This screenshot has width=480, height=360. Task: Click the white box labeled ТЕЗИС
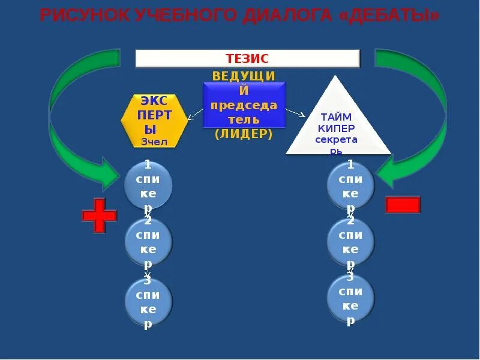247,58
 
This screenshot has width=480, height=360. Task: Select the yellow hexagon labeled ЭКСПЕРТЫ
154,120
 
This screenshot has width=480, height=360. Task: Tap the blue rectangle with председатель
244,105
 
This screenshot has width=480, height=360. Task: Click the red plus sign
99,215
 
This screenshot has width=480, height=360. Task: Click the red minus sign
403,205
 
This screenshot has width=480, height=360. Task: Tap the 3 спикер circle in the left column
148,302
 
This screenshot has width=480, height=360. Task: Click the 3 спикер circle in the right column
350,298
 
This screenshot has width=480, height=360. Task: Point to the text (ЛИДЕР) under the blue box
244,134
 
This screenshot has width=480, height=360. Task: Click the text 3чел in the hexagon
154,142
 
